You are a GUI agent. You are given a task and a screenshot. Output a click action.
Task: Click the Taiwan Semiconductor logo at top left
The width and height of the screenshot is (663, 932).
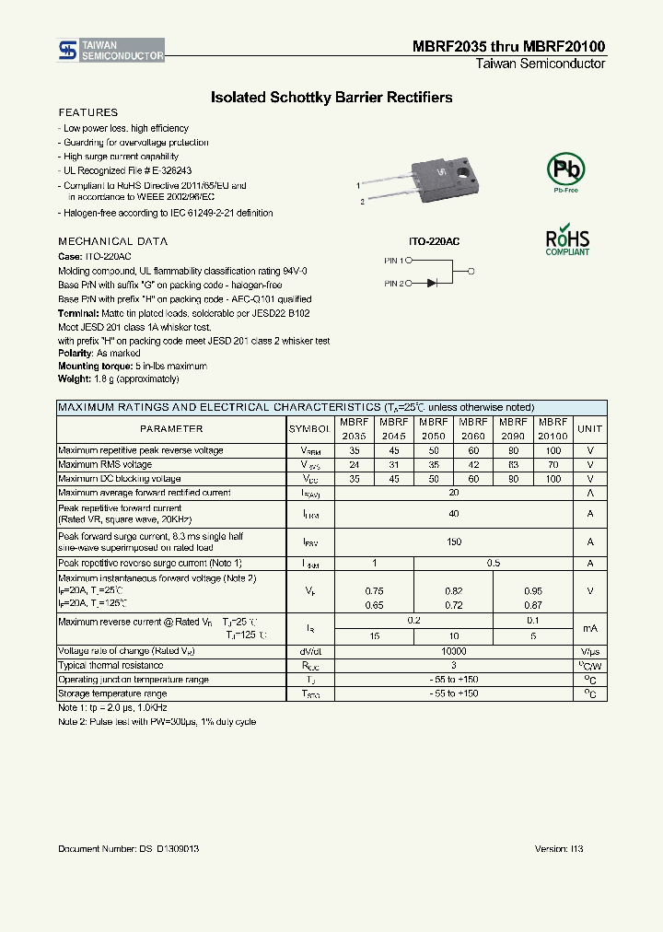click(x=111, y=51)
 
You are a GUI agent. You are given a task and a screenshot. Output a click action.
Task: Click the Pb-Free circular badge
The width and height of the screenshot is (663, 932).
click(x=565, y=171)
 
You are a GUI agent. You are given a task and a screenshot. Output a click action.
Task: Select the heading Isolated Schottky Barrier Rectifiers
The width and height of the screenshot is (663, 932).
click(x=331, y=97)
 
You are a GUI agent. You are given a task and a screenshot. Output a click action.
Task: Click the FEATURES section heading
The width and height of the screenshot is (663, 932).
click(x=87, y=112)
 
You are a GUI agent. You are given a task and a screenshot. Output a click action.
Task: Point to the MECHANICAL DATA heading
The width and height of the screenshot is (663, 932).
click(x=112, y=241)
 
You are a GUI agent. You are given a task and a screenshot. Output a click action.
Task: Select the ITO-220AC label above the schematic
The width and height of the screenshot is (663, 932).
click(x=434, y=240)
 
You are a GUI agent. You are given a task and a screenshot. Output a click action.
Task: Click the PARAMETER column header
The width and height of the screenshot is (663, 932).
click(x=171, y=429)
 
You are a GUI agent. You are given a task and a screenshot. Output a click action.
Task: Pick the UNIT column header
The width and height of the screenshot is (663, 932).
click(x=589, y=429)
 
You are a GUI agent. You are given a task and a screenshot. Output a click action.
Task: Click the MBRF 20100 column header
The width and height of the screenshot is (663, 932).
click(x=552, y=429)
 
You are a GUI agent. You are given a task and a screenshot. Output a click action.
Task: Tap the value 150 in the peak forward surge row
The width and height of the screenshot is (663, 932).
click(x=453, y=542)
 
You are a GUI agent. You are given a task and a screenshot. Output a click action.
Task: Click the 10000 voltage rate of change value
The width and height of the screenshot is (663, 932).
click(x=453, y=650)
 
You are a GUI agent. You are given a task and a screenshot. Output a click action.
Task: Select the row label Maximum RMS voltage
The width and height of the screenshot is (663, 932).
click(x=105, y=465)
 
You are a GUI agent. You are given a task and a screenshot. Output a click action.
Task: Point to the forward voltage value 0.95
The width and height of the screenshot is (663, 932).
click(x=533, y=589)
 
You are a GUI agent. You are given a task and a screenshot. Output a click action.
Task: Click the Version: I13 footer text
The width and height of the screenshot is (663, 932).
click(x=559, y=848)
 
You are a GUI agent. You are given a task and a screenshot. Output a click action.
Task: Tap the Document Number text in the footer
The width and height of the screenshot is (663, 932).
click(x=129, y=848)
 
